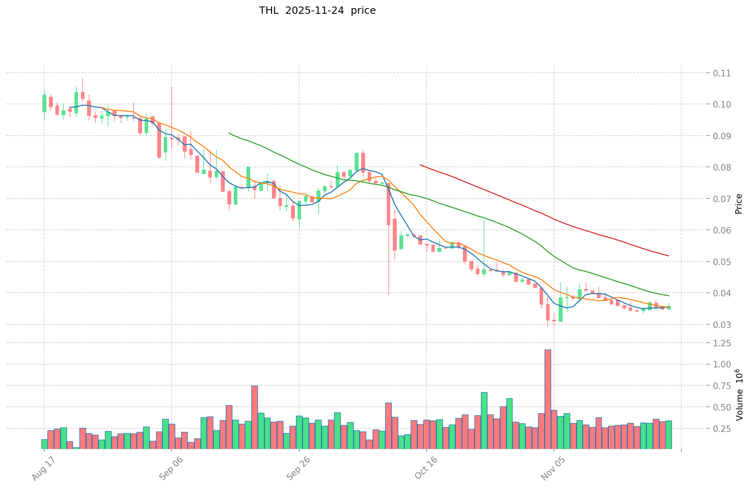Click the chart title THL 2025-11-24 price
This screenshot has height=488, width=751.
coord(317,11)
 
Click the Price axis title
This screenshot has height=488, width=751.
coord(739,204)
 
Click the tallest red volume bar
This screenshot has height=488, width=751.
coord(547,399)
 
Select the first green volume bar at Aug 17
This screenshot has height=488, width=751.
coord(44,444)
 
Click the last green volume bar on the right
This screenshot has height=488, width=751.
coord(669,435)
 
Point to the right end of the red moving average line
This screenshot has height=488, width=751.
coord(668,256)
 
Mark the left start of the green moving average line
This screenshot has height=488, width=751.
coord(229,133)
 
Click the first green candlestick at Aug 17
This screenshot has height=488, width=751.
coord(44,103)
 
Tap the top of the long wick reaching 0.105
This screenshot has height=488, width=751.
coord(172,86)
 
